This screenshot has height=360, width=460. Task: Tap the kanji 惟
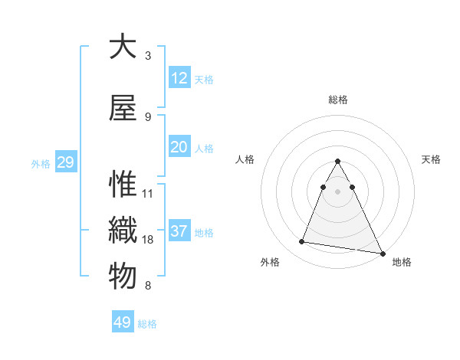point(123,185)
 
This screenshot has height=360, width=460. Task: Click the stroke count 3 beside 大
point(147,56)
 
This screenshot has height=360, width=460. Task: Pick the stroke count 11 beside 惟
point(148,193)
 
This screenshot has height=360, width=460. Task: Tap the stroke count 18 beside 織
point(148,240)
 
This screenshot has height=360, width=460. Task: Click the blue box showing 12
point(179,78)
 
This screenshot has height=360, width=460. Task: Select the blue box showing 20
point(179,148)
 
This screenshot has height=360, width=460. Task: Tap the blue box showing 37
point(179,231)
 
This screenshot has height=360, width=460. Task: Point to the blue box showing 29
point(65,162)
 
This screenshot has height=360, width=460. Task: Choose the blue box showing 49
point(123,322)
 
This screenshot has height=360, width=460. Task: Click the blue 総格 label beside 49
point(147,324)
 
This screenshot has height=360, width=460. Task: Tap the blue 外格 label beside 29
point(41,164)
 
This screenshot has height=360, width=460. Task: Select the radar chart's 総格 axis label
point(338,100)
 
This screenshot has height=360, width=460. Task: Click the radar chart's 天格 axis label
point(431,159)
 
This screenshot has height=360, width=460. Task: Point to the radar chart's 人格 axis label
point(245,159)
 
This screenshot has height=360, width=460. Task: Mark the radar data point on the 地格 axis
point(381,252)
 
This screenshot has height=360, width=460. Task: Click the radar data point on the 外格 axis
point(302,242)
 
